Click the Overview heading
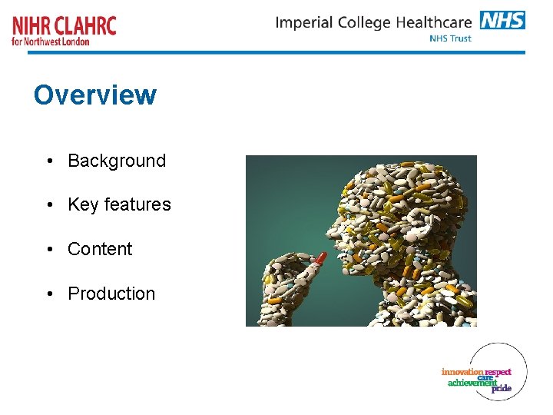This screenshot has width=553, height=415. click(x=95, y=95)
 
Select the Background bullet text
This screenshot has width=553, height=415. click(x=117, y=161)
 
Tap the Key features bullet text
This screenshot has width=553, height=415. click(x=119, y=204)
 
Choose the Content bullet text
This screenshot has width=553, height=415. click(x=100, y=249)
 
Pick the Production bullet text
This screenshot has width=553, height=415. click(x=111, y=294)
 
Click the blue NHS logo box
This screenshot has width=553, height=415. click(x=502, y=20)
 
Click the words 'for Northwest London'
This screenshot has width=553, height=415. click(x=51, y=41)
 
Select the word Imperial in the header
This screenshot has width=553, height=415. click(x=305, y=22)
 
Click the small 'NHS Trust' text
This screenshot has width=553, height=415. click(x=451, y=38)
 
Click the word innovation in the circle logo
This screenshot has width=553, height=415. click(x=462, y=372)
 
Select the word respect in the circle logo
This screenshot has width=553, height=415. click(x=498, y=372)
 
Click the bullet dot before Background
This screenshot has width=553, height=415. click(x=48, y=161)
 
